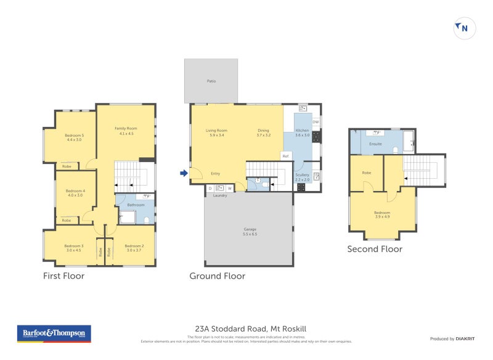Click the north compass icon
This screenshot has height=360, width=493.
point(465,28)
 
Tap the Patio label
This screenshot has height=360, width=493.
point(211,81)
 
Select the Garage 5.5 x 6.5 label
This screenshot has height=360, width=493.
point(250,232)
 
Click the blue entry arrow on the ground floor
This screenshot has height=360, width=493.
point(183,173)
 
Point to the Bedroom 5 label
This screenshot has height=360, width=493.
point(75,137)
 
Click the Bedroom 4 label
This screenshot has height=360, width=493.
point(75,193)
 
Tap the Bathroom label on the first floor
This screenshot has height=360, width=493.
point(136,205)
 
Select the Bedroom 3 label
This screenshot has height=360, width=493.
point(73,248)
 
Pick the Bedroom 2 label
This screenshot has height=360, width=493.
point(134,248)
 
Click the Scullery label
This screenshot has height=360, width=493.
point(302,177)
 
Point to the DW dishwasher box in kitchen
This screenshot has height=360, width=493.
point(316,122)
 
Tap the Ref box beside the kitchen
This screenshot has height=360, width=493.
point(285,156)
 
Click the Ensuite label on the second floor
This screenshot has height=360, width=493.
point(375,144)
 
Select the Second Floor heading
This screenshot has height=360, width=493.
point(375,249)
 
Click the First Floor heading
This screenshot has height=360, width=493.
point(63,276)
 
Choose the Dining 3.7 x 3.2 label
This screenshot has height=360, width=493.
point(264,133)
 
